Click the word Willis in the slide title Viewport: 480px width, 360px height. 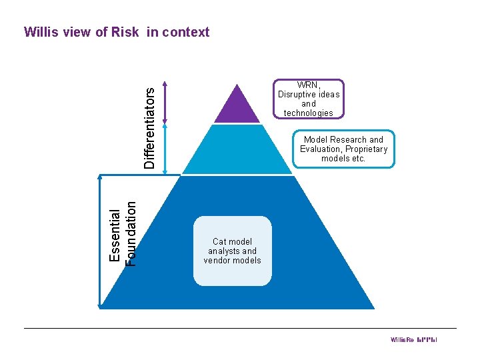pyautogui.click(x=42, y=32)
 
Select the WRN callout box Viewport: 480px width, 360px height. pyautogui.click(x=308, y=99)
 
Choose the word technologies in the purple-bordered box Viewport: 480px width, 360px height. pyautogui.click(x=308, y=113)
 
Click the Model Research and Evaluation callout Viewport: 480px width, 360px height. pyautogui.click(x=343, y=149)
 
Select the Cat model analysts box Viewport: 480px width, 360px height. pyautogui.click(x=232, y=251)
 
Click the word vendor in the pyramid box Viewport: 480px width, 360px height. pyautogui.click(x=216, y=261)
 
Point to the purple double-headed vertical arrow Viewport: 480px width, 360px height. pyautogui.click(x=165, y=103)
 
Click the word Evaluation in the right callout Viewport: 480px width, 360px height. pyautogui.click(x=317, y=149)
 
